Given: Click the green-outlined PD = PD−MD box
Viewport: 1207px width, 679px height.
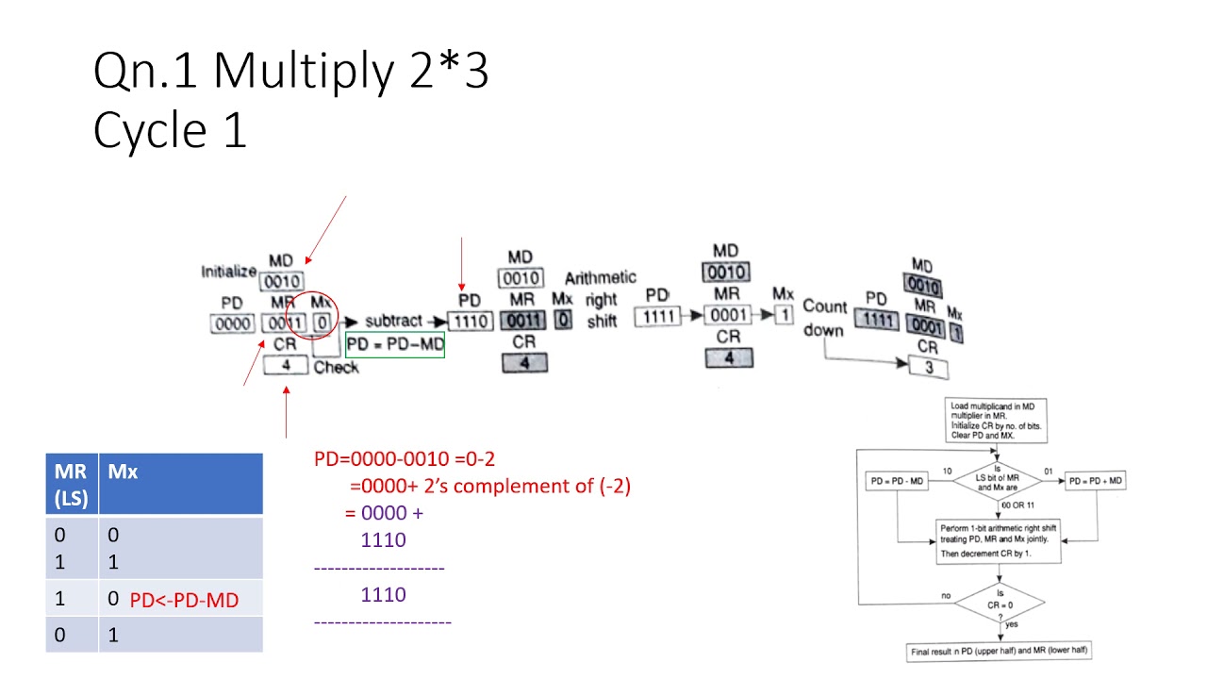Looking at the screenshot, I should (395, 345).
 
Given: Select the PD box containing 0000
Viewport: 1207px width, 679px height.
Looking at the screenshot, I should (232, 324).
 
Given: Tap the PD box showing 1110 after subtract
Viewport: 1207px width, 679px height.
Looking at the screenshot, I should (470, 322).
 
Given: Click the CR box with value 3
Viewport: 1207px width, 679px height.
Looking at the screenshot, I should (929, 367).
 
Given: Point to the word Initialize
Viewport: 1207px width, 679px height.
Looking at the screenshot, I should (228, 272).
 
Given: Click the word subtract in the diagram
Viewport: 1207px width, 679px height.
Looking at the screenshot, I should (393, 321).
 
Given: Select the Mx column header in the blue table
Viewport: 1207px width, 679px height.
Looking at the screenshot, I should (180, 483).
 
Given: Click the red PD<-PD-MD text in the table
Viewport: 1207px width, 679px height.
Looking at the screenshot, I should (184, 599).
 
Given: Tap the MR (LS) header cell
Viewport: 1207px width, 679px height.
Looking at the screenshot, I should (72, 483).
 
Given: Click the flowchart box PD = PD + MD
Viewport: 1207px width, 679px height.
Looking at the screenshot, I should (1096, 482).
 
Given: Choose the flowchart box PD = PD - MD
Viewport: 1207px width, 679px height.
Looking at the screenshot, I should (896, 482).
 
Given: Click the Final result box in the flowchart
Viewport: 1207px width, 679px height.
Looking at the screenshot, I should (999, 651).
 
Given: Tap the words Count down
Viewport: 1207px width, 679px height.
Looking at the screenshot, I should (824, 319).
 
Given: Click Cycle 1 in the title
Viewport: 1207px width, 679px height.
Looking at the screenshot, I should (170, 129).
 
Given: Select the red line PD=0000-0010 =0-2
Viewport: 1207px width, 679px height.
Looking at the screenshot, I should (405, 459).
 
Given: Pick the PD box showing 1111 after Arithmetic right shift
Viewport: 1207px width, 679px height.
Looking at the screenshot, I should (659, 317).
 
